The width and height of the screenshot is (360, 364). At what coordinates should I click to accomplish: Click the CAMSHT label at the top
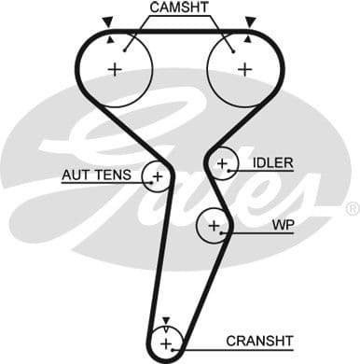point(179,7)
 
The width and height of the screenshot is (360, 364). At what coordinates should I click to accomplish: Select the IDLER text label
point(272,163)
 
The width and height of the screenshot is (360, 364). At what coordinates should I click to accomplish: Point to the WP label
point(282,225)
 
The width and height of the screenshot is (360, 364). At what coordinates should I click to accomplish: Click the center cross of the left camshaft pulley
point(116,68)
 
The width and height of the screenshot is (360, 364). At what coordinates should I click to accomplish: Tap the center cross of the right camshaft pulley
point(244,68)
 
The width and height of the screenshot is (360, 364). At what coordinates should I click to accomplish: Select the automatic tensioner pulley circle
point(157,175)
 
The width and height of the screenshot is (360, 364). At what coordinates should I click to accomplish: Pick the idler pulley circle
point(222,164)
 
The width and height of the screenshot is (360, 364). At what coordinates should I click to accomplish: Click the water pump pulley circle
point(214,225)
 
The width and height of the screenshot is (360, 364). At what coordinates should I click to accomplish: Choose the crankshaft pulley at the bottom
point(165,341)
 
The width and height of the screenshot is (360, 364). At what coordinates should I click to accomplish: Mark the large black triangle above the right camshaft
point(249,20)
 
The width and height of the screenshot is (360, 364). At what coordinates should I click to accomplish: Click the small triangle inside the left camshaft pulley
point(111,39)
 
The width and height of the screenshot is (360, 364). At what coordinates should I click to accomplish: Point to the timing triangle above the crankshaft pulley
point(165,321)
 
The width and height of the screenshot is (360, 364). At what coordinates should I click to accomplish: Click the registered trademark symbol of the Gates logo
point(352,207)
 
